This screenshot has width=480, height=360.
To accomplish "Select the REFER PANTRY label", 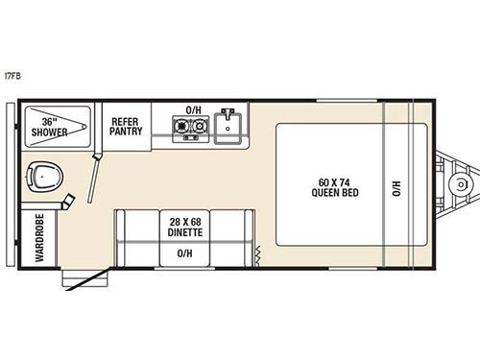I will pos(127,127).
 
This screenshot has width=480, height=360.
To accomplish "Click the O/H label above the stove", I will pos(193,109).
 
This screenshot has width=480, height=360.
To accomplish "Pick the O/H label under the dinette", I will pos(184,252).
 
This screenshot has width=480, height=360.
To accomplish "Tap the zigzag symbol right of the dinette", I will pos(257,253).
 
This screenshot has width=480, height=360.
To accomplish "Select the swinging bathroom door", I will pos(97,173).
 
